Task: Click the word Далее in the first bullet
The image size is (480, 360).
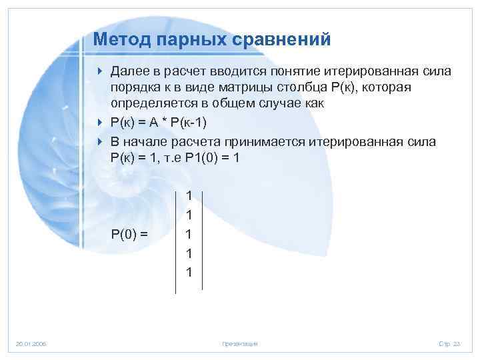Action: pyautogui.click(x=130, y=71)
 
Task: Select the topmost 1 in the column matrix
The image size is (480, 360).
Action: pyautogui.click(x=189, y=196)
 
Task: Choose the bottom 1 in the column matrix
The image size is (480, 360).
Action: pyautogui.click(x=189, y=273)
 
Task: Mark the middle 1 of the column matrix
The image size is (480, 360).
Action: pyautogui.click(x=189, y=235)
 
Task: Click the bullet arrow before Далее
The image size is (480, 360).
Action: pyautogui.click(x=100, y=71)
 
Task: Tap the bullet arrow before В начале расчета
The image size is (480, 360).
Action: pyautogui.click(x=100, y=141)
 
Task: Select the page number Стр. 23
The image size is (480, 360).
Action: pyautogui.click(x=449, y=343)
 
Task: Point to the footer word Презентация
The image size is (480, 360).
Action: pyautogui.click(x=239, y=343)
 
